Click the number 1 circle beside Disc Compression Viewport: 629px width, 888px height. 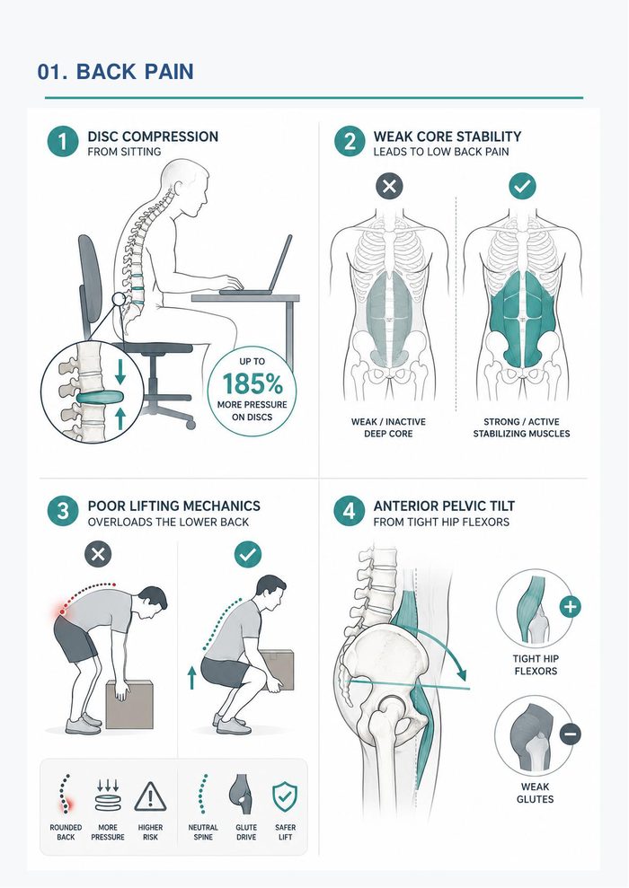click(62, 142)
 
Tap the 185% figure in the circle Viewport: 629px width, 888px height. click(252, 384)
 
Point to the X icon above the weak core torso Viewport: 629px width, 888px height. click(389, 186)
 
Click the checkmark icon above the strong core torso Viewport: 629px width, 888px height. click(522, 186)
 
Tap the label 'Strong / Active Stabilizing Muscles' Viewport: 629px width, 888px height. click(521, 427)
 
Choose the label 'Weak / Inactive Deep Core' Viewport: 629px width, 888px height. click(388, 427)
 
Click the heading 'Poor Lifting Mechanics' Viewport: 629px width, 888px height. click(174, 506)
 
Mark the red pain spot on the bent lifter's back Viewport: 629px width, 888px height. click(61, 611)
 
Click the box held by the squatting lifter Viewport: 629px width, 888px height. click(277, 669)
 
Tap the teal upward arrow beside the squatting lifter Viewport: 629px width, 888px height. click(191, 677)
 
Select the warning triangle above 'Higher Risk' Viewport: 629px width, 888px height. click(150, 796)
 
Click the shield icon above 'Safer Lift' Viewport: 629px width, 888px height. click(285, 797)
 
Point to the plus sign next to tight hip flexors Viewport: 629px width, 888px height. click(570, 607)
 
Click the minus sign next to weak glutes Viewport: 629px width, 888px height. click(570, 734)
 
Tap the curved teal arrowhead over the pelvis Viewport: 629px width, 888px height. click(462, 673)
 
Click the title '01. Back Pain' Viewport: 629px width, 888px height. click(116, 72)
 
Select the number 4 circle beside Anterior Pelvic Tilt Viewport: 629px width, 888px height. click(349, 511)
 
